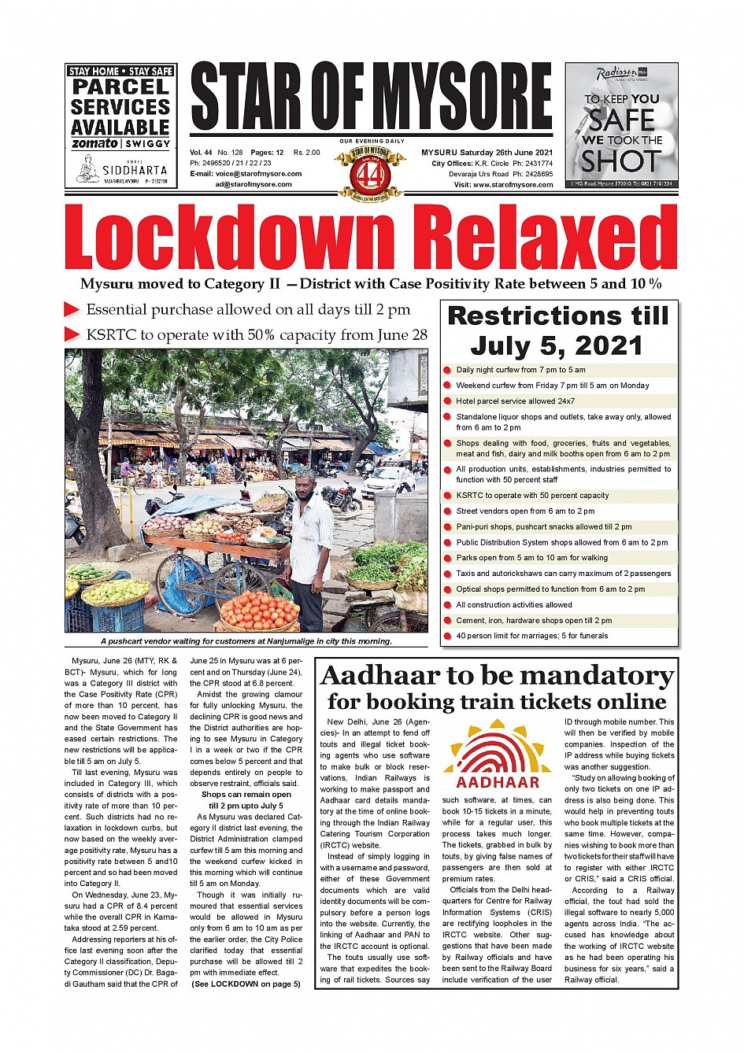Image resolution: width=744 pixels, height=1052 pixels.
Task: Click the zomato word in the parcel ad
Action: tap(94, 144)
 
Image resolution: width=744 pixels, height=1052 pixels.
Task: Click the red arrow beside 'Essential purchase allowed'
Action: tap(72, 310)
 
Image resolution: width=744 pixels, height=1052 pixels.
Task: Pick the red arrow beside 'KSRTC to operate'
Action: tap(72, 335)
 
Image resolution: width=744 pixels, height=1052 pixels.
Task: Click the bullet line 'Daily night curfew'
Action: tap(520, 370)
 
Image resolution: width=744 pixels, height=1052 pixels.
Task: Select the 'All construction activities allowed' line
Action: tap(513, 605)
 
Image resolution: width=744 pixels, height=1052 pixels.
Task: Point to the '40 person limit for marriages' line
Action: tap(531, 636)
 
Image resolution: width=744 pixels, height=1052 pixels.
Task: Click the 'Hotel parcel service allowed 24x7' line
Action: tap(515, 401)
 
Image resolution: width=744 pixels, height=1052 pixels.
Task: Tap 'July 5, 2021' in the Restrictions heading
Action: tap(557, 345)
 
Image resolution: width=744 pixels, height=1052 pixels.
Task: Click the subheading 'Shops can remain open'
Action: tap(246, 795)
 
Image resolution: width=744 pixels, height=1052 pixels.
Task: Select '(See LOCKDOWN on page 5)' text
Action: tap(246, 984)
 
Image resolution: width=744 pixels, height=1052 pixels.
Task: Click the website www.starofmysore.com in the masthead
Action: tap(514, 185)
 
